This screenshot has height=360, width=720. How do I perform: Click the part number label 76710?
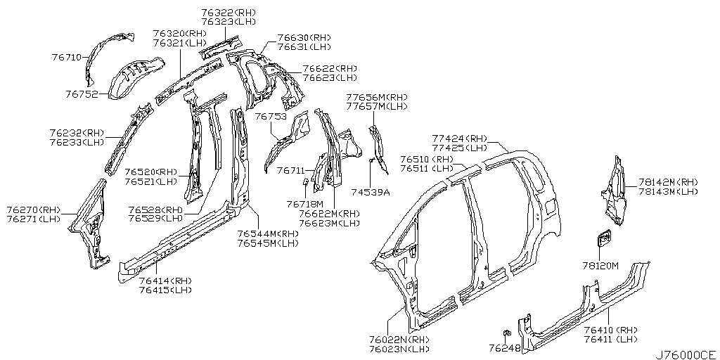click(x=67, y=57)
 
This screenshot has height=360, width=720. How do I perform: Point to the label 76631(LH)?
click(x=304, y=47)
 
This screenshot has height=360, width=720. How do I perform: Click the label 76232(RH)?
click(x=77, y=132)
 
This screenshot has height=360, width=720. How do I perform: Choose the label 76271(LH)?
click(x=34, y=219)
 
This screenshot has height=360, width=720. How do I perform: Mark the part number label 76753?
click(x=270, y=117)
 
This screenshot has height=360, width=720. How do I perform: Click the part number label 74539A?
click(x=371, y=191)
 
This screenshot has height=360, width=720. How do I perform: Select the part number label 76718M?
click(x=304, y=204)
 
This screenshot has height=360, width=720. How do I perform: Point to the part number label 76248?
click(x=505, y=347)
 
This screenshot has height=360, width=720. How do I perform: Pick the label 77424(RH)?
click(x=459, y=139)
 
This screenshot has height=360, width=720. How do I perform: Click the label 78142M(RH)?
click(x=668, y=181)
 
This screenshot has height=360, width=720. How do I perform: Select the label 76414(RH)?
click(x=165, y=281)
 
